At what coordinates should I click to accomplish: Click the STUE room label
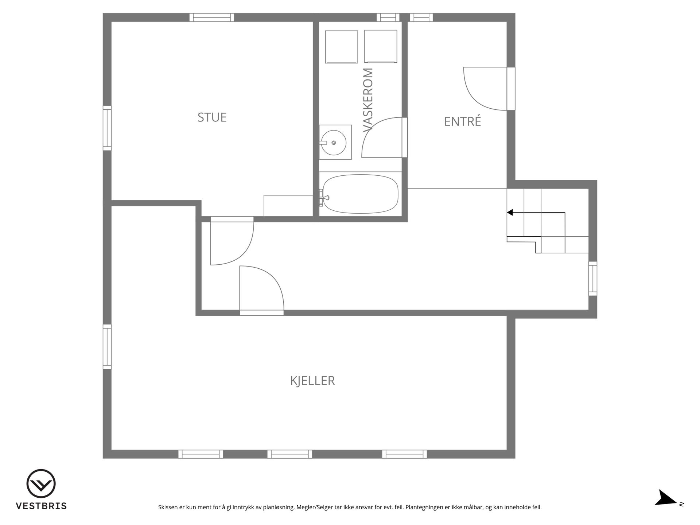(x=212, y=117)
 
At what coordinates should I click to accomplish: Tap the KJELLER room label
(x=312, y=381)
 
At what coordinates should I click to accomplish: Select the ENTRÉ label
(x=462, y=121)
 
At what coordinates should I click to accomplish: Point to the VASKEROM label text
(x=368, y=100)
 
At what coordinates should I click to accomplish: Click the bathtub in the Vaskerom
(x=361, y=194)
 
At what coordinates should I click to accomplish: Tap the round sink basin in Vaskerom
(x=334, y=143)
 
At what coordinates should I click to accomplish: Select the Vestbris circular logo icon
(x=41, y=483)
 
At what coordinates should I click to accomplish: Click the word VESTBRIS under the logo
(x=41, y=506)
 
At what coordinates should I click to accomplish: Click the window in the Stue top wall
(x=212, y=17)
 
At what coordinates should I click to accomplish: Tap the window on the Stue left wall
(x=107, y=128)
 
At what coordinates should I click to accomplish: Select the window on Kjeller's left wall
(x=107, y=347)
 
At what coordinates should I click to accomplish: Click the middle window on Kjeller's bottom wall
(x=290, y=454)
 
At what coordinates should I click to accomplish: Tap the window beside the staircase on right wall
(x=593, y=279)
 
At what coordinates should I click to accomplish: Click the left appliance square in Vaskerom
(x=341, y=47)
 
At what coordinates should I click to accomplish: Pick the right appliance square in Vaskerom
(x=381, y=47)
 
